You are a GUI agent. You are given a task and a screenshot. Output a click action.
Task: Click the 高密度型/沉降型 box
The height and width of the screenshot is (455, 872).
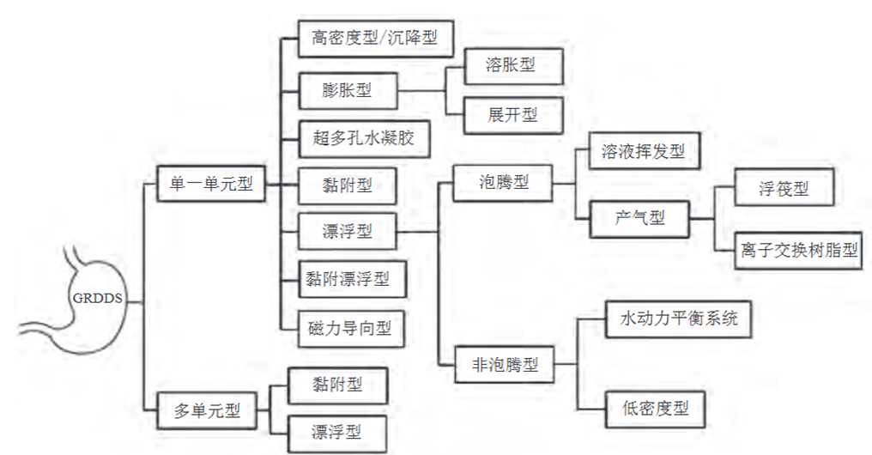[374, 39]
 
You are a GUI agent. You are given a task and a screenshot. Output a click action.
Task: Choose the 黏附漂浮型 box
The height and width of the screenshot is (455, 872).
[348, 278]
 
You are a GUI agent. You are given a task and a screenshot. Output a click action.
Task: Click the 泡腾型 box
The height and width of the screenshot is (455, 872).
[503, 182]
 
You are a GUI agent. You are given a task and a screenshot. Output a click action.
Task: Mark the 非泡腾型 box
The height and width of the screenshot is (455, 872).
[503, 364]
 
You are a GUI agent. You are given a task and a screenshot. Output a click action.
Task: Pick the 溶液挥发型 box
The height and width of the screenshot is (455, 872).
[643, 153]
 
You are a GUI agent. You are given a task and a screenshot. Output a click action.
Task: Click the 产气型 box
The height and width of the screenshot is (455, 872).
[639, 218]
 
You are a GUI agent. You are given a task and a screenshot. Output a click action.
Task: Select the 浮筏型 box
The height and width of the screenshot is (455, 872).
[784, 188]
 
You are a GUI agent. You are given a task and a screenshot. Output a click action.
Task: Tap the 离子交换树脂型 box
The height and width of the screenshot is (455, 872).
[798, 251]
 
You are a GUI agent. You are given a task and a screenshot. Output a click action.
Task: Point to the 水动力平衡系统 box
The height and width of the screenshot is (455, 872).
[679, 319]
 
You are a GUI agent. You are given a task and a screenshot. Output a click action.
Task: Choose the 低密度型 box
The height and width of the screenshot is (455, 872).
[657, 409]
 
